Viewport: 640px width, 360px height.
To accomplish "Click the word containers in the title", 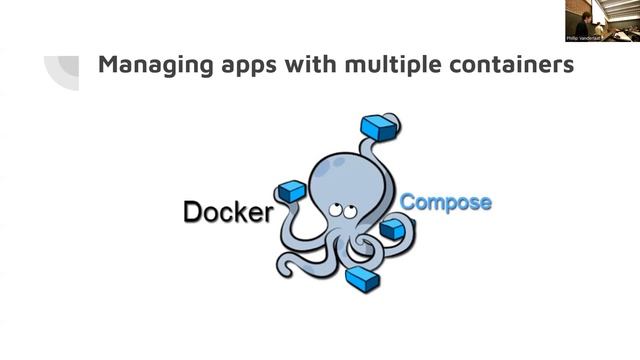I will (x=510, y=66).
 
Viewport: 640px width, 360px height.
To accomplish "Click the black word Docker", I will (x=227, y=212).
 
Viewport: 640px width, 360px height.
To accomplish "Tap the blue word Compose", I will (x=445, y=202).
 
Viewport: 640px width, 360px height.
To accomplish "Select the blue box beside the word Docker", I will (x=290, y=190).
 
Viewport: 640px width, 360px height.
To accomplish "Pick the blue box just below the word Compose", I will (x=392, y=229).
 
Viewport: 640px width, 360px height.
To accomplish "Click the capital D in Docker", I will (x=192, y=212).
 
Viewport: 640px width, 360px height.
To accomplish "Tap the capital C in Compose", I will (x=407, y=202).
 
